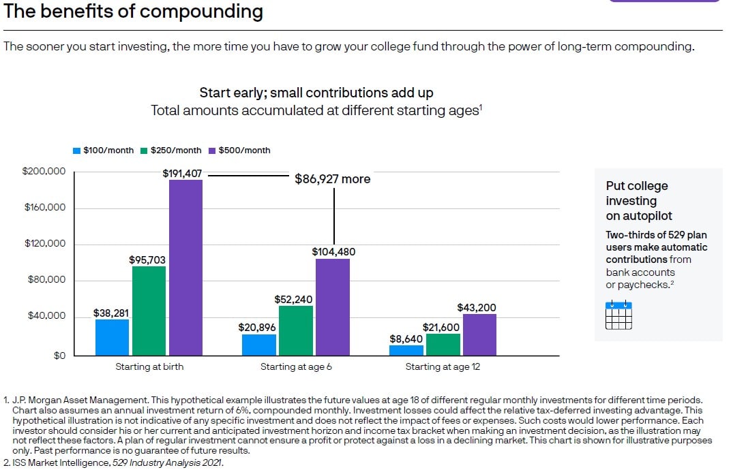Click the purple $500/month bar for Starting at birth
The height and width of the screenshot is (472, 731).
pyautogui.click(x=185, y=268)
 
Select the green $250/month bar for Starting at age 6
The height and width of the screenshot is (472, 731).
pyautogui.click(x=296, y=330)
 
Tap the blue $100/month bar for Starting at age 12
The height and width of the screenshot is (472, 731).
pyautogui.click(x=406, y=351)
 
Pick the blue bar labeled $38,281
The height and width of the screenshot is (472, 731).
pyautogui.click(x=112, y=337)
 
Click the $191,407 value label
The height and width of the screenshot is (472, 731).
pyautogui.click(x=182, y=174)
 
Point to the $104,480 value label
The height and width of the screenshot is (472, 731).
pyautogui.click(x=333, y=252)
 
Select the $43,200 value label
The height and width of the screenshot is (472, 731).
pyautogui.click(x=477, y=308)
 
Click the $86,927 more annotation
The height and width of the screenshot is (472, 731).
pyautogui.click(x=332, y=179)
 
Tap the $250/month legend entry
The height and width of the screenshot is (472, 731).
pyautogui.click(x=171, y=151)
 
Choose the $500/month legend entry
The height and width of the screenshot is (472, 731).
pyautogui.click(x=239, y=151)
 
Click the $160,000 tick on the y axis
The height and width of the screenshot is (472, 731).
pyautogui.click(x=45, y=207)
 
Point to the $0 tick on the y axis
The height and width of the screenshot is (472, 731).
pyautogui.click(x=60, y=356)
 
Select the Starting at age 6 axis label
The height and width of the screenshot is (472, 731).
pyautogui.click(x=296, y=367)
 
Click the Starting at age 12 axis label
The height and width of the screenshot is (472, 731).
pyautogui.click(x=443, y=367)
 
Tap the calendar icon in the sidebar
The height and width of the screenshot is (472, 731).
pyautogui.click(x=618, y=315)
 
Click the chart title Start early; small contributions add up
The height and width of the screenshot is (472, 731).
pyautogui.click(x=316, y=93)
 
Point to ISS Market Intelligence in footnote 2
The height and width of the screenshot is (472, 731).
pyautogui.click(x=61, y=462)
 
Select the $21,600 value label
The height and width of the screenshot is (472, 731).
pyautogui.click(x=441, y=328)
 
